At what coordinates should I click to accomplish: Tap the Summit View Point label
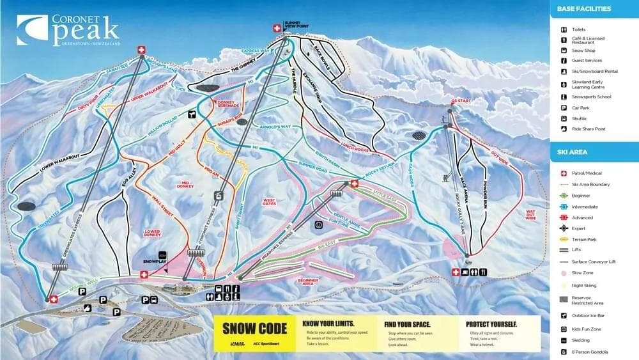click(293, 26)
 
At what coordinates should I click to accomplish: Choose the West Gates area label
click(270, 201)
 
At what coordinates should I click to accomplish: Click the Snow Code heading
click(253, 329)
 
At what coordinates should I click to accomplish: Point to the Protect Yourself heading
click(491, 324)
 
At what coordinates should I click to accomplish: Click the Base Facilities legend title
click(584, 9)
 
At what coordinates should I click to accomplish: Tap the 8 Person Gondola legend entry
click(589, 352)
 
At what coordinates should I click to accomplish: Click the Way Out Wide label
click(530, 214)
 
